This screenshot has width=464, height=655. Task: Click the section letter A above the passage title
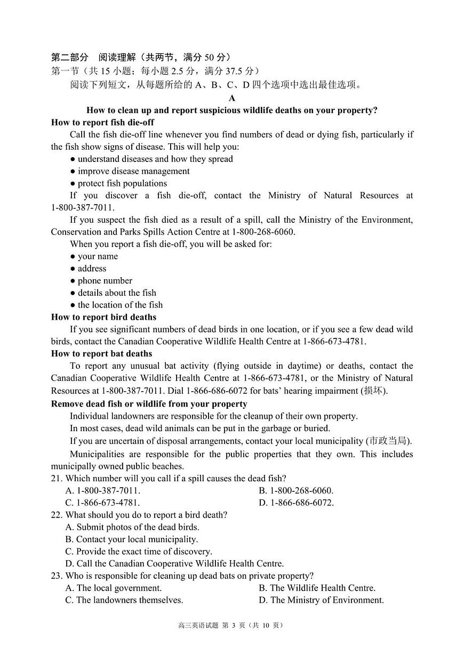pyautogui.click(x=232, y=98)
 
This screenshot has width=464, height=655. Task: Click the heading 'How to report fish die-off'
pyautogui.click(x=102, y=123)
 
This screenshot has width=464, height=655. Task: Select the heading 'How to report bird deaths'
pyautogui.click(x=103, y=317)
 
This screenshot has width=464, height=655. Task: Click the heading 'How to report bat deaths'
pyautogui.click(x=101, y=354)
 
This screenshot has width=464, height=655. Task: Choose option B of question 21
pyautogui.click(x=296, y=491)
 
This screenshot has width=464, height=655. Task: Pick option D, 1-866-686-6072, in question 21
pyautogui.click(x=296, y=503)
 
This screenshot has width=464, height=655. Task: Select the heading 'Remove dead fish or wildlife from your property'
pyautogui.click(x=149, y=404)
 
